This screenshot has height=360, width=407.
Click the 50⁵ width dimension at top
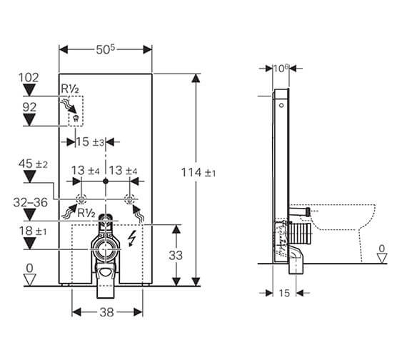coord(106,49)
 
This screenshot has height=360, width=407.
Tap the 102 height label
coord(29,76)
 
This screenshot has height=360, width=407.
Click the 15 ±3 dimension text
coord(90,142)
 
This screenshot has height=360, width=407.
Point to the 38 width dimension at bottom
coord(108,311)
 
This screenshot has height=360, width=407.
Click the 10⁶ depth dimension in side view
coord(281,69)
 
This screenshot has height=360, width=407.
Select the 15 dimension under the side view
coord(283,293)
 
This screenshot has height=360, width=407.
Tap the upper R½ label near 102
coord(69,88)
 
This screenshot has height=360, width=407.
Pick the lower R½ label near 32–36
coord(87,212)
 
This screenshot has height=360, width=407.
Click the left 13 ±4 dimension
coord(86,170)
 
